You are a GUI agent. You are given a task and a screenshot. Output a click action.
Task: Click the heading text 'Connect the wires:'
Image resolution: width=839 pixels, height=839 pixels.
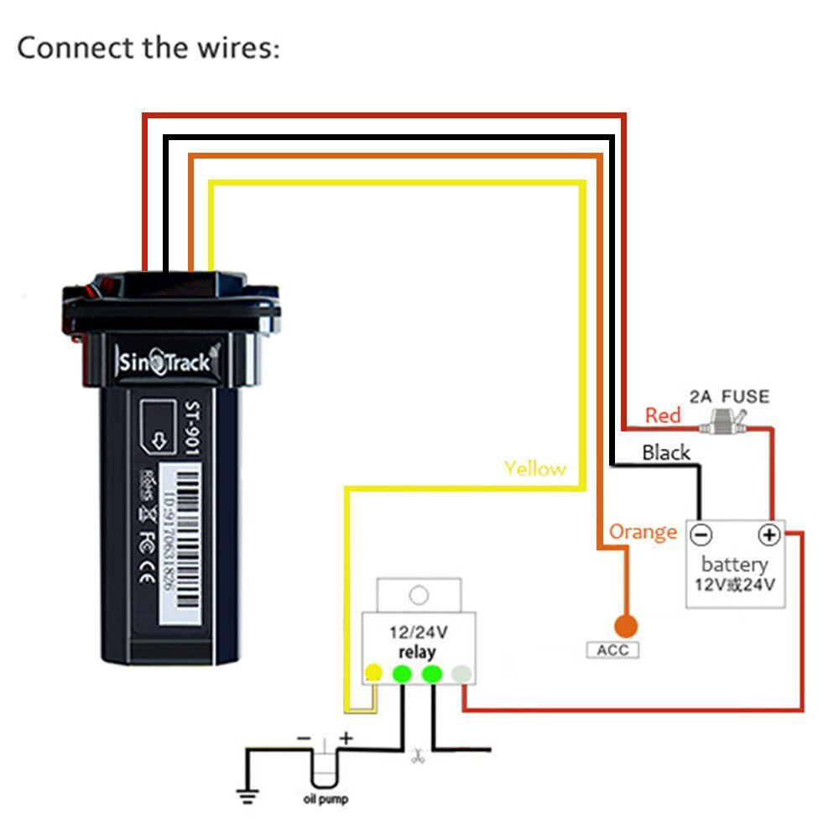point(149,48)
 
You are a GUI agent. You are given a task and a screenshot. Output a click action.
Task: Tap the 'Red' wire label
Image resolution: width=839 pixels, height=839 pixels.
point(662,415)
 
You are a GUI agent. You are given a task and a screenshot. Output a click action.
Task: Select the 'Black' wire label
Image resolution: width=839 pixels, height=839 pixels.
point(665,453)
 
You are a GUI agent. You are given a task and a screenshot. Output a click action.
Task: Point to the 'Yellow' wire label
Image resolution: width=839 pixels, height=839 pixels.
point(534,468)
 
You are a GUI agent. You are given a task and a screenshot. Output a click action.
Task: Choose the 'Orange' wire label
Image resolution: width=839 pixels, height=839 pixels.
point(643,532)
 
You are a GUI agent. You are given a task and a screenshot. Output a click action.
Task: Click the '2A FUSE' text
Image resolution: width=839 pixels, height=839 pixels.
point(728,396)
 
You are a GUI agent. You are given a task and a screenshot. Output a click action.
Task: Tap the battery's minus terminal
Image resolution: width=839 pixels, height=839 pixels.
point(701,534)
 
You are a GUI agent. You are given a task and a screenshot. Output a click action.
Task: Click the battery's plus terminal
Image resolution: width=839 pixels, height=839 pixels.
point(769,534)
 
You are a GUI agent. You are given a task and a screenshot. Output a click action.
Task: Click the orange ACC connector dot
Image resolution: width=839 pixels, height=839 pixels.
point(625,626)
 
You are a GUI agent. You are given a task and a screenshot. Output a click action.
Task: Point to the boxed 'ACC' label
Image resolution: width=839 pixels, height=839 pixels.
point(612,650)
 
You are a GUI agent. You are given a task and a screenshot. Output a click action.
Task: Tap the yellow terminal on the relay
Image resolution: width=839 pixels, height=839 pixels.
point(373,673)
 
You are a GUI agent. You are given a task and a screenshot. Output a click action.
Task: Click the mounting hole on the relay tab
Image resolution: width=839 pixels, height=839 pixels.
point(418,595)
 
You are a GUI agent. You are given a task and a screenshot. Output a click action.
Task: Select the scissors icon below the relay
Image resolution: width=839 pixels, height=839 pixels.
point(417,757)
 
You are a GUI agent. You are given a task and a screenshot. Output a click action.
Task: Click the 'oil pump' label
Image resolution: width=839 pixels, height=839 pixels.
point(325,800)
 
